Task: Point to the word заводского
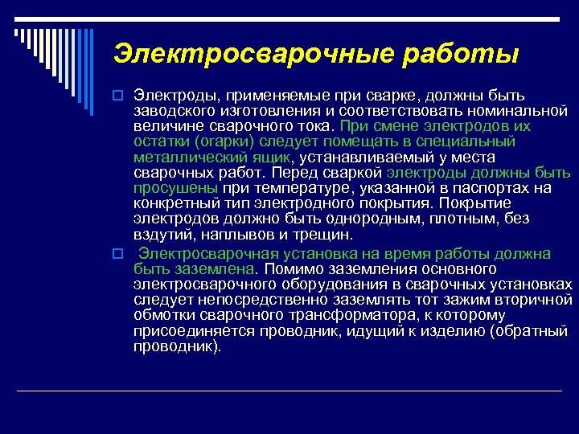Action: point(172,113)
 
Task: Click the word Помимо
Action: point(294,268)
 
